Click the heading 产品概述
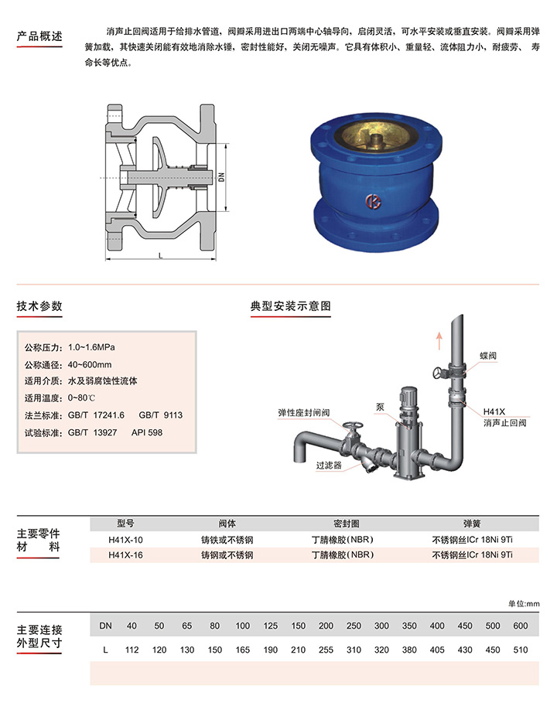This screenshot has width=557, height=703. [39, 36]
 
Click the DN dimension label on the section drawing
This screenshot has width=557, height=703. [221, 177]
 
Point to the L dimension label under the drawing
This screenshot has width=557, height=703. [161, 255]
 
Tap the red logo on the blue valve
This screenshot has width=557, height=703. [373, 202]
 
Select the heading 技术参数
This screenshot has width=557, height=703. [39, 305]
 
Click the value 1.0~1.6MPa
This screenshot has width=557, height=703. [91, 347]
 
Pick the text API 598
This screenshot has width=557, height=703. [147, 432]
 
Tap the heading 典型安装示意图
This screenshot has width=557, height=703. [291, 305]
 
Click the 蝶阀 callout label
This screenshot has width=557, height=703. [488, 356]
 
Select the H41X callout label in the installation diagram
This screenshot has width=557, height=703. [494, 411]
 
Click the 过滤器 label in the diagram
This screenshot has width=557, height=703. [329, 466]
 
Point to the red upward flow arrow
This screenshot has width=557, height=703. [439, 341]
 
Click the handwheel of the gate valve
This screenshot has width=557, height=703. [353, 425]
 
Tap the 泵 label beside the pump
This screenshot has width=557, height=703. [380, 407]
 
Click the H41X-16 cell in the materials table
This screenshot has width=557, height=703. [125, 555]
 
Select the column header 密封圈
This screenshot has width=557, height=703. [347, 524]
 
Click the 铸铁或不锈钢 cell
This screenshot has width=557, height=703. [227, 540]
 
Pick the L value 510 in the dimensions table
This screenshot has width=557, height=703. [520, 650]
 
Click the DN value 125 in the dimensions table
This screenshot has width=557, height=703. [271, 626]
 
